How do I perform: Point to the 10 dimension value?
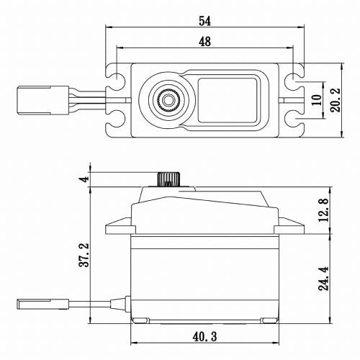point(318,99)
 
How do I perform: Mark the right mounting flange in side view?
point(291,229)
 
